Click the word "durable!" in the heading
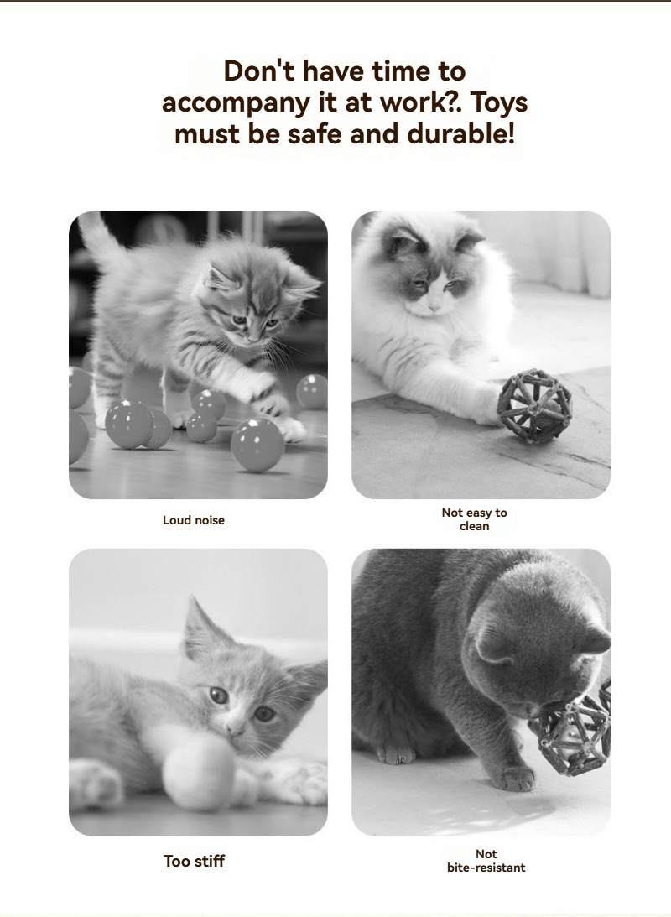(x=460, y=134)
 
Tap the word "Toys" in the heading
(x=499, y=103)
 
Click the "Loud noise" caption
(x=194, y=520)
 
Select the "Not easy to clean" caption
(x=474, y=519)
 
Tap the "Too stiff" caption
(x=194, y=861)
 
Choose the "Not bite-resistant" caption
(x=486, y=861)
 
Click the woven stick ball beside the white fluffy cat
(x=534, y=405)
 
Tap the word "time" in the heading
(x=401, y=71)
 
